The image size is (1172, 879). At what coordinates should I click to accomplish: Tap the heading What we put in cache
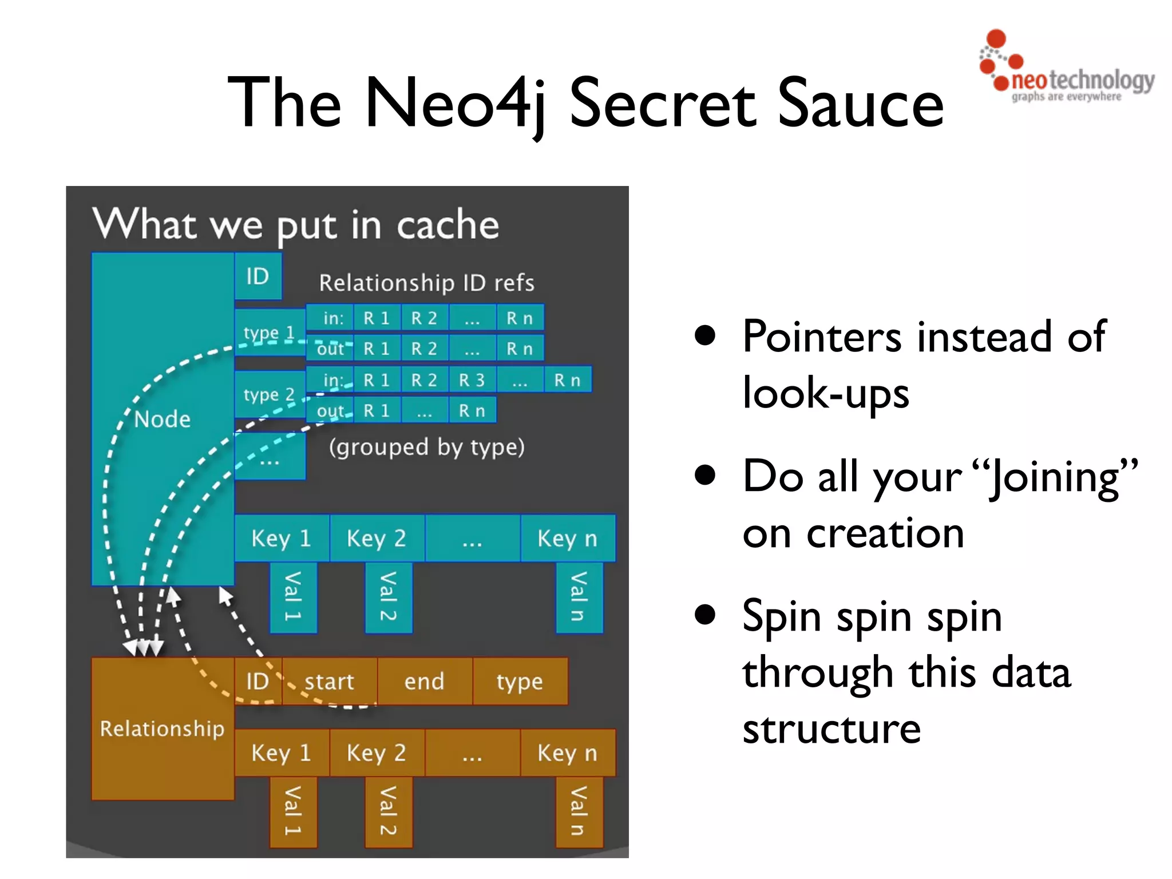pos(295,224)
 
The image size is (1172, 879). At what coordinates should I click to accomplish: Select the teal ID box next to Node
pos(258,276)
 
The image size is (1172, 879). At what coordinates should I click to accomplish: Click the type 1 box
pos(269,332)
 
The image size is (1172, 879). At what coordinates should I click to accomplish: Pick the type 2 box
pos(269,394)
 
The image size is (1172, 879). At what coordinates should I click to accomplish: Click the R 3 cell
pos(472,380)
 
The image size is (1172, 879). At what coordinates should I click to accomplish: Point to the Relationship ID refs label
pos(426,283)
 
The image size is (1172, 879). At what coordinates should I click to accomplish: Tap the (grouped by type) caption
pos(426,447)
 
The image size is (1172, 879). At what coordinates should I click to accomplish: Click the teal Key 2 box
pos(377,539)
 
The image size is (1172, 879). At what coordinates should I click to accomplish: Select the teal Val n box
pos(579,597)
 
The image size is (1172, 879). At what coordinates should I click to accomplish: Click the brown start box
pos(329,682)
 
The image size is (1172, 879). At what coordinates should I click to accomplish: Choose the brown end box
pos(424,682)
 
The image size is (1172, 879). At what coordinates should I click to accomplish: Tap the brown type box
pos(520,682)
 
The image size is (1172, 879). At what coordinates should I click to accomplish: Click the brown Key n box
pos(567,753)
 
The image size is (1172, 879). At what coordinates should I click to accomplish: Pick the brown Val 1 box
pos(293,811)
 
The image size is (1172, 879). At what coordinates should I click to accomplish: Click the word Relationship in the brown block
pos(162,728)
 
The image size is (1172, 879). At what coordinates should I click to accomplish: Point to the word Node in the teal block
pos(163,419)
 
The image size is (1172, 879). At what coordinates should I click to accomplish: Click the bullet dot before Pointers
pos(705,336)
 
